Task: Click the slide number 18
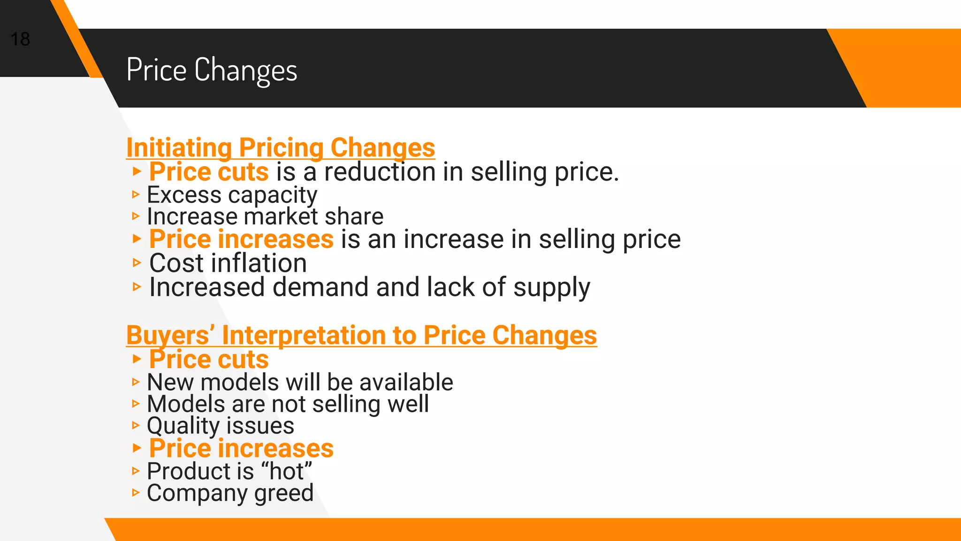20,39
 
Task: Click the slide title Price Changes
212,70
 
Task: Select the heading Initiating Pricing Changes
281,147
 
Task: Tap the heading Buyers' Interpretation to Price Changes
361,335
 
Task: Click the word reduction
380,172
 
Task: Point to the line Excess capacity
232,195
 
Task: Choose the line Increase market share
265,216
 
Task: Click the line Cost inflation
228,263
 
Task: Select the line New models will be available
300,382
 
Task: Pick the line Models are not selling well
288,404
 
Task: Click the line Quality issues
221,426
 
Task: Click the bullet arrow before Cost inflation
137,263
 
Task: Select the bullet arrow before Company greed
136,493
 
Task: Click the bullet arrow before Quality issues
136,425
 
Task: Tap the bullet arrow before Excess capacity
136,194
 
